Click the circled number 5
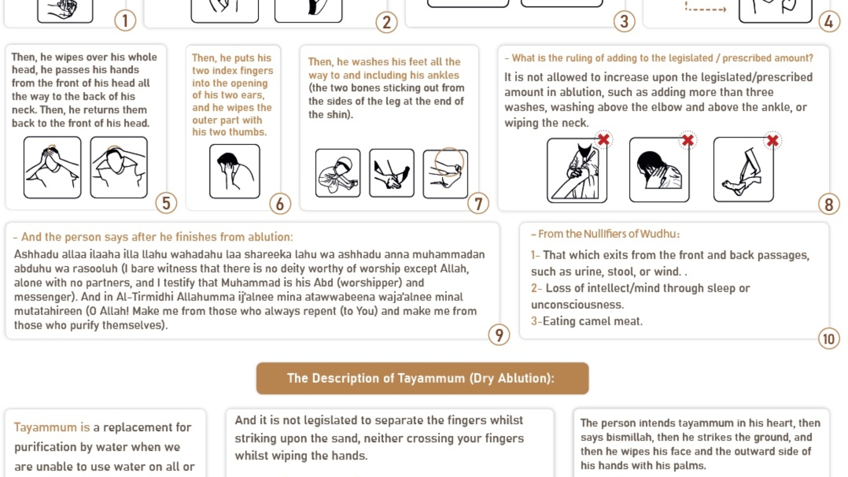click(x=166, y=203)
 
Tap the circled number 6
click(x=280, y=204)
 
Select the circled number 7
click(x=478, y=204)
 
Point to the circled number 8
click(x=829, y=204)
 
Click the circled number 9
click(x=499, y=335)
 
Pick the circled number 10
click(x=829, y=339)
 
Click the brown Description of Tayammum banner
click(x=422, y=378)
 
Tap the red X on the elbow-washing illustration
click(x=604, y=139)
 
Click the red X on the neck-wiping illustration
click(x=688, y=140)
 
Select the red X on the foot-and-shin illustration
click(x=773, y=141)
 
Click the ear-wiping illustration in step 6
click(x=234, y=171)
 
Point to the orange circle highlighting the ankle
click(x=449, y=162)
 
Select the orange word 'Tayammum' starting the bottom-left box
click(x=45, y=427)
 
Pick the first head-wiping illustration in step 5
click(x=52, y=167)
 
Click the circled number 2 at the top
click(x=386, y=22)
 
